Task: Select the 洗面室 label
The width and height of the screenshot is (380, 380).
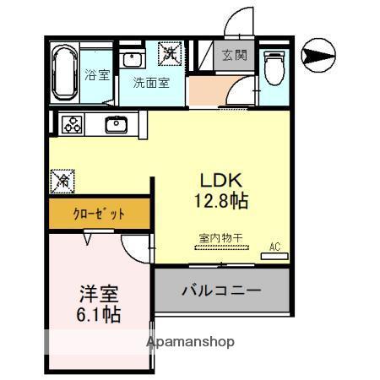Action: pyautogui.click(x=150, y=84)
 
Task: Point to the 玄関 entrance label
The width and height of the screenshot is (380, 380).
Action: pyautogui.click(x=233, y=56)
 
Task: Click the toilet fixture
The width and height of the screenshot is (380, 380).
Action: pyautogui.click(x=275, y=67)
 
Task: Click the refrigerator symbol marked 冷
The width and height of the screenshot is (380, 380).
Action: pyautogui.click(x=62, y=180)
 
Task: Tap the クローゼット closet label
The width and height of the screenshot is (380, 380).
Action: pyautogui.click(x=100, y=214)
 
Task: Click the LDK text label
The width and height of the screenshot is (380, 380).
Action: pyautogui.click(x=220, y=181)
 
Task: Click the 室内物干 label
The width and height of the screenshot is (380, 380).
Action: pyautogui.click(x=220, y=238)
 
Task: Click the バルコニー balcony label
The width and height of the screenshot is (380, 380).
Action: pyautogui.click(x=221, y=290)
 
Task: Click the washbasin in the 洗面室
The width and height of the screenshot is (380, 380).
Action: pyautogui.click(x=132, y=59)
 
